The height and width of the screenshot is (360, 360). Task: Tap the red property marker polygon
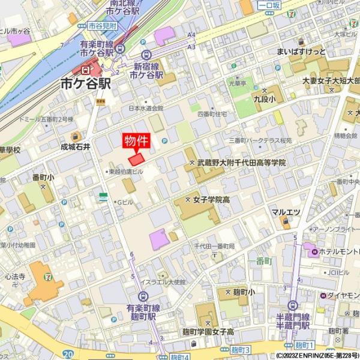[137, 159]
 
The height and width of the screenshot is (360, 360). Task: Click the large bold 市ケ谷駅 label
[86, 84]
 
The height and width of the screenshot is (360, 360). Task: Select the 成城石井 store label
[75, 146]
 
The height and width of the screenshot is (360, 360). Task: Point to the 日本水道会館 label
[146, 109]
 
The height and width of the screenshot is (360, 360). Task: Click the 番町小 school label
[43, 178]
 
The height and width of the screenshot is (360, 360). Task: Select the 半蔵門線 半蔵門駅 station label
[293, 321]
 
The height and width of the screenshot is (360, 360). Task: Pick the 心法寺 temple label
[15, 277]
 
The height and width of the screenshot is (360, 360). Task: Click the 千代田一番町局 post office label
[214, 247]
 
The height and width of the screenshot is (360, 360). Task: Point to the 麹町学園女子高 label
[208, 331]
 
